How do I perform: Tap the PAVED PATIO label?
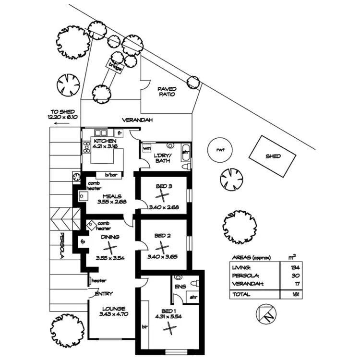click(167, 92)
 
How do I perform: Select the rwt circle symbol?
click(220, 150)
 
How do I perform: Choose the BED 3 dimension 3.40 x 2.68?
click(164, 207)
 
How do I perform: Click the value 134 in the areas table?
click(291, 267)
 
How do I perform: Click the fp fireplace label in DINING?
click(82, 241)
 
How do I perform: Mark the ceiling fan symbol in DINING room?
click(110, 248)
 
